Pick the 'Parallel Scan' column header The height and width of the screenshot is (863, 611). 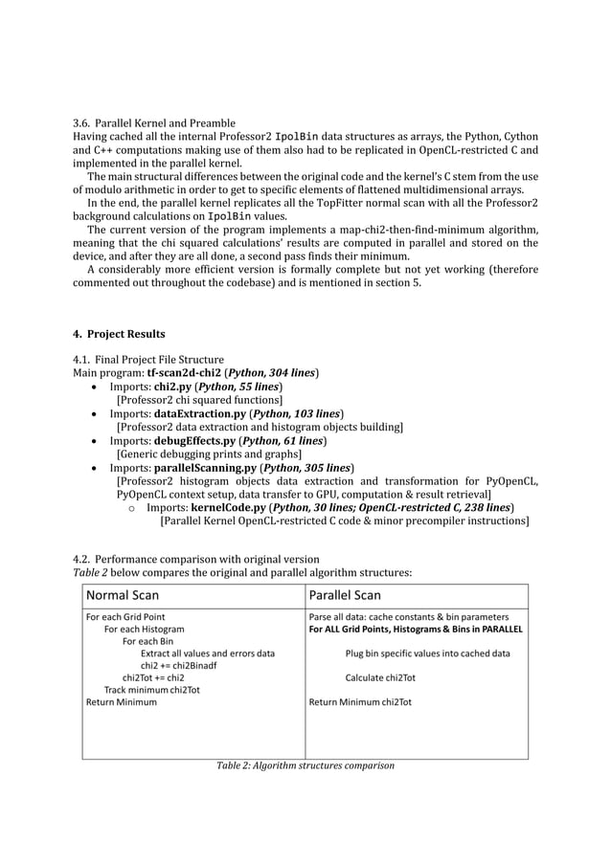point(345,595)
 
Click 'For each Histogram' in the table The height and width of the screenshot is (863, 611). point(144,630)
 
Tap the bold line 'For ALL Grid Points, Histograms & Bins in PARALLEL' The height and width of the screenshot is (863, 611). point(415,630)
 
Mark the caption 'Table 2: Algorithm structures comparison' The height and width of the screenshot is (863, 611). point(305,765)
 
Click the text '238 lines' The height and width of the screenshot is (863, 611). point(489,507)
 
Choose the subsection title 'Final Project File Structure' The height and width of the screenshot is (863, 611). point(159,359)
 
